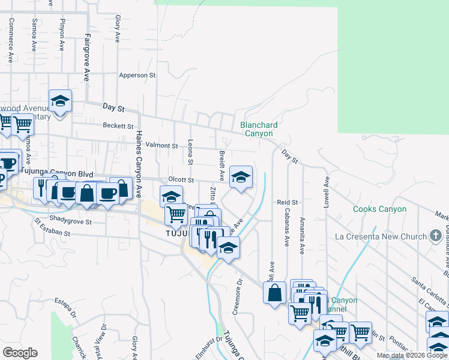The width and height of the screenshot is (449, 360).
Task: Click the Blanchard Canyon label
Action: (x=259, y=129)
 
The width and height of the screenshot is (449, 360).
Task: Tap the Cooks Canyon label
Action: (x=379, y=209)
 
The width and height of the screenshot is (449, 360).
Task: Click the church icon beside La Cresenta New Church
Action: (x=436, y=236)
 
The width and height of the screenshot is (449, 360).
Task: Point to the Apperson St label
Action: (x=137, y=76)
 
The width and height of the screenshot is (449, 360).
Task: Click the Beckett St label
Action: (x=118, y=126)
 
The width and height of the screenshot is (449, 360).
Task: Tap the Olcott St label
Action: (x=181, y=179)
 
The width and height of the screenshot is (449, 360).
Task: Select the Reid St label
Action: (x=287, y=203)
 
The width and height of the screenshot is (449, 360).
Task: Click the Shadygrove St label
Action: (x=70, y=221)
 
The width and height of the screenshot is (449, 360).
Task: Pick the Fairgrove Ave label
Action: (x=86, y=58)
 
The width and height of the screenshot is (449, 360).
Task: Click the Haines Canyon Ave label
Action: (x=139, y=164)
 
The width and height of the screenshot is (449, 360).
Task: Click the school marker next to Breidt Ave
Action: (x=241, y=177)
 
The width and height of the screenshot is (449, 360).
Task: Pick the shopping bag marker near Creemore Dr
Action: (x=274, y=293)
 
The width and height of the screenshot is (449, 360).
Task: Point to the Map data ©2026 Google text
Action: (x=411, y=355)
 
